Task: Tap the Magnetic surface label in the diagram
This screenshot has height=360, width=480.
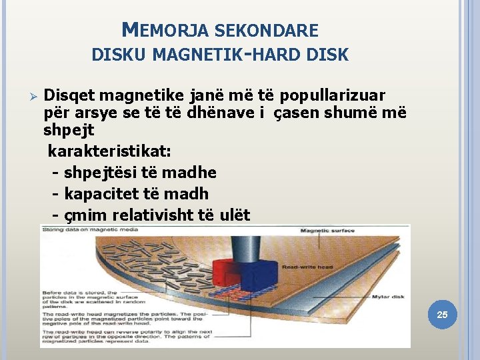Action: (x=327, y=231)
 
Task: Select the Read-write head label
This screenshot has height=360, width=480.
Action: (x=308, y=267)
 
